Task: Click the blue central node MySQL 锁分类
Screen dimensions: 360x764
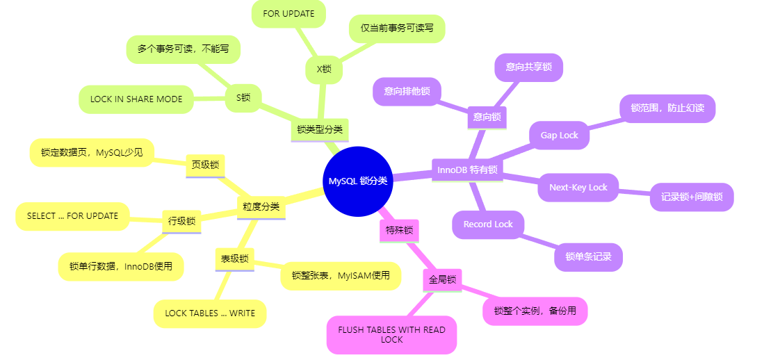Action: [358, 181]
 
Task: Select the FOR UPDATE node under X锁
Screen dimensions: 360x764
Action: [288, 14]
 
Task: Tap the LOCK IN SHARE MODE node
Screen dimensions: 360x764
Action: [136, 99]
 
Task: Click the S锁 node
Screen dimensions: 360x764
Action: [243, 98]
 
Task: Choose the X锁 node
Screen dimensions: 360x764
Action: [324, 69]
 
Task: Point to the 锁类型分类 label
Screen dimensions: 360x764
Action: [320, 129]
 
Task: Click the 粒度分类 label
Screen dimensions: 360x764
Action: [261, 206]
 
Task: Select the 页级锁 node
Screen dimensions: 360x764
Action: [205, 165]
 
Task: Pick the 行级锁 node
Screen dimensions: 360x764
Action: [181, 222]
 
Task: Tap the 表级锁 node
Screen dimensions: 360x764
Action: [234, 259]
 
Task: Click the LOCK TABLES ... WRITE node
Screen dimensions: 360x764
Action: [210, 313]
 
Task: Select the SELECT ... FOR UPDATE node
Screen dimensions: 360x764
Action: [73, 216]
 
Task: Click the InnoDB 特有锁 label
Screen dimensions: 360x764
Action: [467, 170]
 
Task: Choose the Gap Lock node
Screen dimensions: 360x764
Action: [560, 136]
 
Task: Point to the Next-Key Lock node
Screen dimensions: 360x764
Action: [578, 188]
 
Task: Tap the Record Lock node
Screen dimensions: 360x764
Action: [488, 224]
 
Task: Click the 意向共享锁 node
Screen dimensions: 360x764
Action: [529, 67]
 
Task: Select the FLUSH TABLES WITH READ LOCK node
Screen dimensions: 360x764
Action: [392, 334]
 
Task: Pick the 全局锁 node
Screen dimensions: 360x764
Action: [442, 280]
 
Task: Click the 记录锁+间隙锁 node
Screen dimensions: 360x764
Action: [692, 197]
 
